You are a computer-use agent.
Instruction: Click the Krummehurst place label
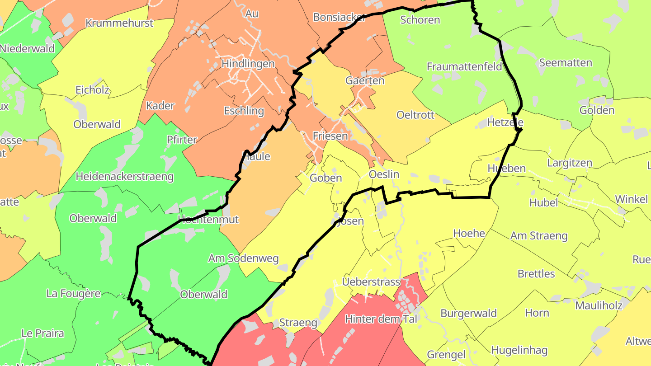[119, 23]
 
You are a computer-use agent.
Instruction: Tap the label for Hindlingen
[248, 64]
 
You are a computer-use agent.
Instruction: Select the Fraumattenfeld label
[464, 67]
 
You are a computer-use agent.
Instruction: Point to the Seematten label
[566, 63]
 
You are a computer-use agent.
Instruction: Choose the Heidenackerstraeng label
[125, 176]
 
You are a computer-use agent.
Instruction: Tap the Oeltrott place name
[415, 115]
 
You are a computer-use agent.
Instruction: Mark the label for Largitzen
[569, 163]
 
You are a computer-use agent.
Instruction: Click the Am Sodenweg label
[243, 258]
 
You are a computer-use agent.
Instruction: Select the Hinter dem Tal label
[381, 319]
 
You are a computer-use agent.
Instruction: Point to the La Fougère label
[74, 294]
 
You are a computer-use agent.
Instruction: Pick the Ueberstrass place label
[371, 282]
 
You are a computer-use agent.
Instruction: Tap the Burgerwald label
[469, 313]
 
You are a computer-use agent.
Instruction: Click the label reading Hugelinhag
[519, 350]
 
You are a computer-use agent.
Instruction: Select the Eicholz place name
[92, 90]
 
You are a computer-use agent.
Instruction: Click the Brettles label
[536, 274]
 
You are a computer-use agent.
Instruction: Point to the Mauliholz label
[599, 305]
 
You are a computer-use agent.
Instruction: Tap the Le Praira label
[42, 333]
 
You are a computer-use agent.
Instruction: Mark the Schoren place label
[420, 20]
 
